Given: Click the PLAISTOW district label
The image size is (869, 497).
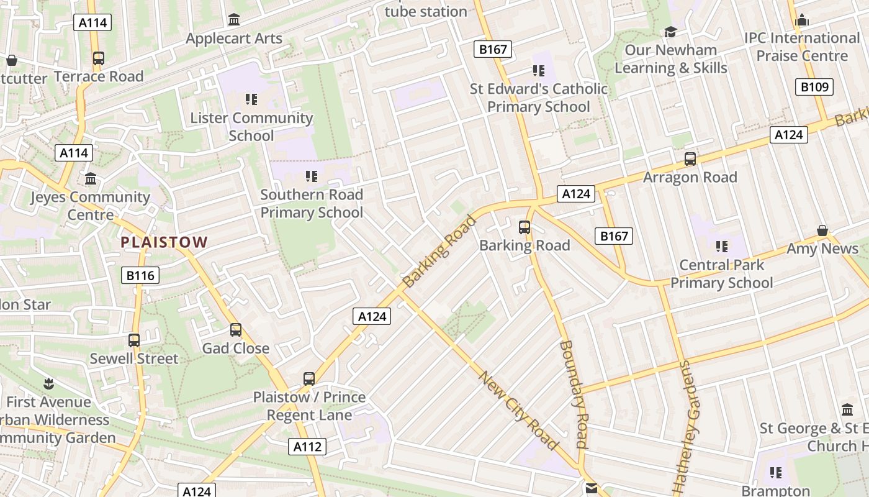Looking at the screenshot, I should coord(164,242).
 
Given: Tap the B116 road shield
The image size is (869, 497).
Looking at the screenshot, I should coord(140,275).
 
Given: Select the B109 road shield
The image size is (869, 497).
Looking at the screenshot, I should coord(814,87).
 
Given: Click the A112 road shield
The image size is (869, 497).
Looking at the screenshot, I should coord(307,446).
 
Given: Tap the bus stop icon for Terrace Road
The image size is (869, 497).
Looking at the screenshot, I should coord(98,58).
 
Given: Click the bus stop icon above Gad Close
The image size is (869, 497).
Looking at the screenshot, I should coord(236,330).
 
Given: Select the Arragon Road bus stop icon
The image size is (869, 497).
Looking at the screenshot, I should coord(690,159).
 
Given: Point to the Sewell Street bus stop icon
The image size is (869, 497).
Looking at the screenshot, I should coord(134,340).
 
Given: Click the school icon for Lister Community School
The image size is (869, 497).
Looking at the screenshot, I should coord(251,99).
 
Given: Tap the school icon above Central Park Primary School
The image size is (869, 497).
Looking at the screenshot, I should coord(721,247).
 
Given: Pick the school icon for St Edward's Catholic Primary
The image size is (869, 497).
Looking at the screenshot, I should coord(538,71).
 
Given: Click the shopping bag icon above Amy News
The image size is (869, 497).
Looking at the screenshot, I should coord(822,231).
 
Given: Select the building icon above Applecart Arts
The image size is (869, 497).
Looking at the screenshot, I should coord(234,20).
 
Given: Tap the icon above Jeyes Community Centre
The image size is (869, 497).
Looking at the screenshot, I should coord(91,179).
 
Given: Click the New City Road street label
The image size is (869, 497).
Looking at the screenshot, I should coord(518,410).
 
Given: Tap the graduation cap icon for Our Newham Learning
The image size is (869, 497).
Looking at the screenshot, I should coord(670,32).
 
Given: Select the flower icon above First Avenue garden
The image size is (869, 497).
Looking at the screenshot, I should coord(48,383).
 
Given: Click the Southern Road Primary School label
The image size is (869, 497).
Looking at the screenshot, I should coord(312,203).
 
